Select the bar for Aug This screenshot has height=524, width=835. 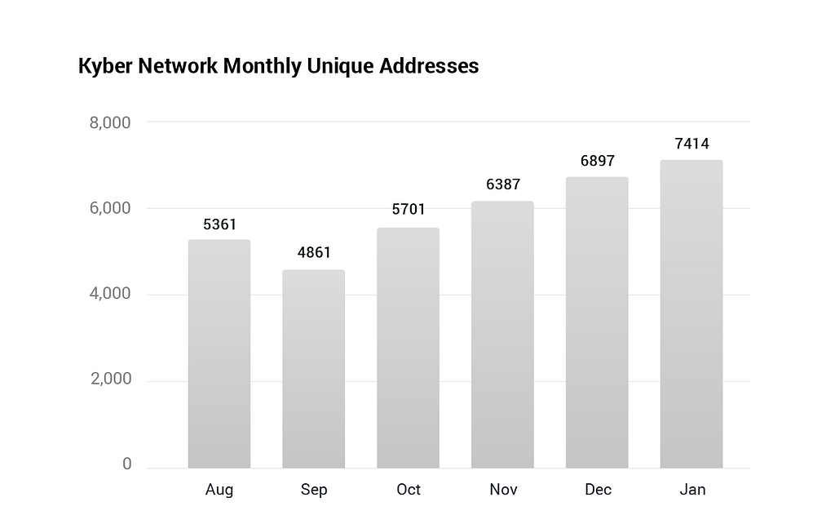pos(219,354)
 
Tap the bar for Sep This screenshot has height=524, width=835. pos(314,369)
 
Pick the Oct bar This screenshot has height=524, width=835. pos(408,348)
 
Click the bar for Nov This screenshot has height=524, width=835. pos(502,335)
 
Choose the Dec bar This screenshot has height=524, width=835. pos(597,322)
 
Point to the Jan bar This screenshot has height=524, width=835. pos(691,314)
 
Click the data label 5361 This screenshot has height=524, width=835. pos(219,224)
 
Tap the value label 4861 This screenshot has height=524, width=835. pos(314,252)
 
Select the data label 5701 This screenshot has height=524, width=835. pos(409,209)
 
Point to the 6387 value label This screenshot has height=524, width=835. pos(502,184)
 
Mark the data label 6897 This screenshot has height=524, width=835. pos(598,161)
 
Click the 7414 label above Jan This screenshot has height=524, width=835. pos(691,144)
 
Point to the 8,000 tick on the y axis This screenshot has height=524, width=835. pos(110,122)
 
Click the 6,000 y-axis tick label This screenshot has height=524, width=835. pos(110,208)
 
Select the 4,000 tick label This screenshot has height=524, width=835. pos(110,293)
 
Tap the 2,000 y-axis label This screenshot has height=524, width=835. pos(110,379)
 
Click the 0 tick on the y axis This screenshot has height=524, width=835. pos(126,464)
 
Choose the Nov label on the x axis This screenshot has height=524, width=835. pos(503,490)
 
